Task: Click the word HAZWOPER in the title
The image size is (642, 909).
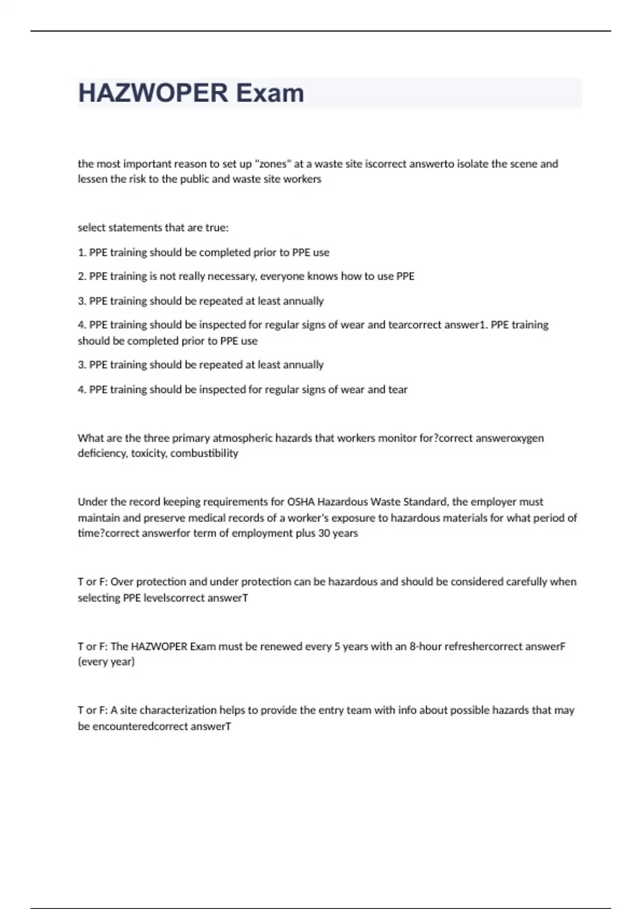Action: click(153, 93)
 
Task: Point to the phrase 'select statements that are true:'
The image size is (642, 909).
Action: click(153, 228)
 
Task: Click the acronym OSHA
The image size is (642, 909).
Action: click(301, 502)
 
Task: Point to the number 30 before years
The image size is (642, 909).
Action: click(324, 533)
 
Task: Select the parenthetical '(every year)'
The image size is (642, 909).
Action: click(106, 662)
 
